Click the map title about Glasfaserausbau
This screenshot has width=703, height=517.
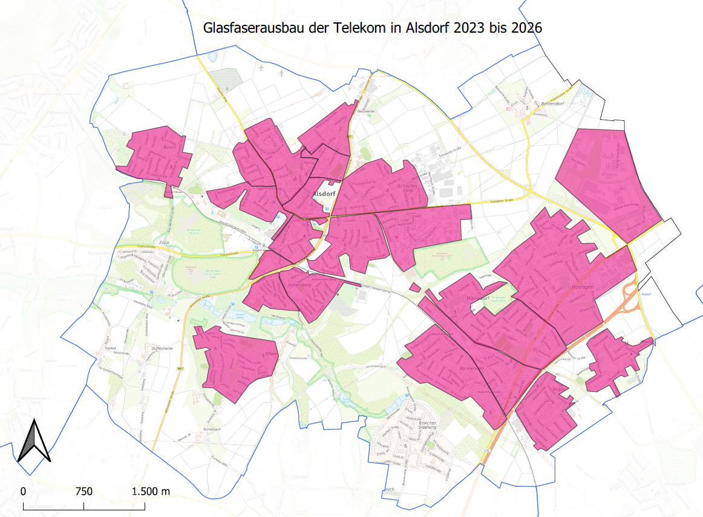(371, 28)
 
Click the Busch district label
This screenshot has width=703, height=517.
(168, 147)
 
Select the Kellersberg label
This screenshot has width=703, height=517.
(303, 284)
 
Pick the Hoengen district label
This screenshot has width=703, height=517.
(583, 288)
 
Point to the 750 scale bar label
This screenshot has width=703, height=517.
(84, 492)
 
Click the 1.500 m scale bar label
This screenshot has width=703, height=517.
(151, 492)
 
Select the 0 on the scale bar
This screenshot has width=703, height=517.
(23, 492)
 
